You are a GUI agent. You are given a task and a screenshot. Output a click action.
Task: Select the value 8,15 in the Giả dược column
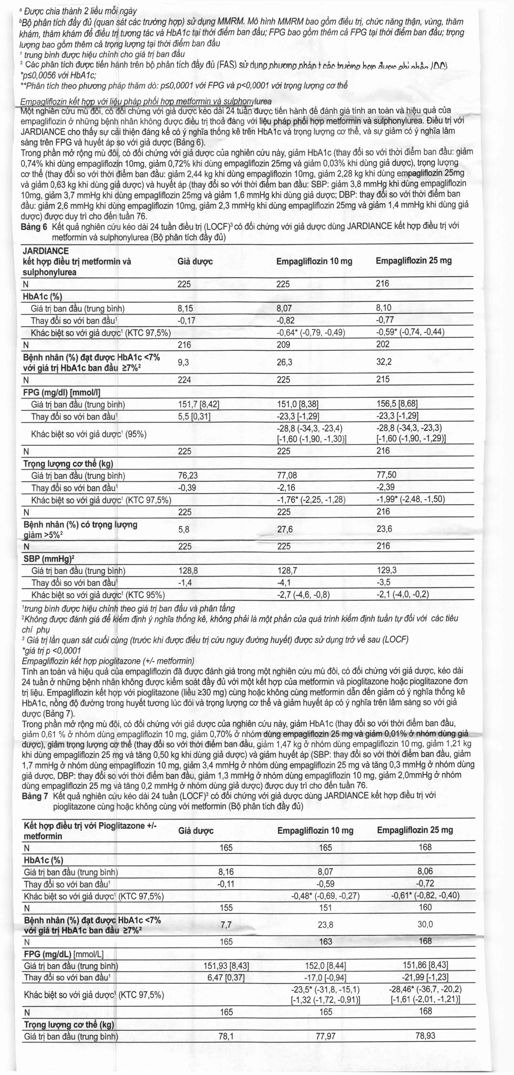click(185, 308)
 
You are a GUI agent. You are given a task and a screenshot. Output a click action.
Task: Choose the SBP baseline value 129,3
click(387, 570)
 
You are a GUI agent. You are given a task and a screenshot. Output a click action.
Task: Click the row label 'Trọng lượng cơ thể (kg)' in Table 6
click(68, 464)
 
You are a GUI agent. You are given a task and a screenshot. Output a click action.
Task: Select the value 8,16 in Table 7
click(226, 872)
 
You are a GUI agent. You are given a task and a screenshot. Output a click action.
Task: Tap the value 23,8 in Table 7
click(325, 925)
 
